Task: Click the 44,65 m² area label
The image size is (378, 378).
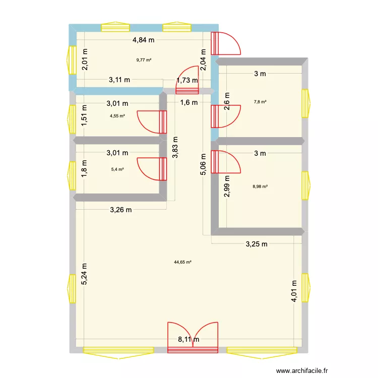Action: click(x=182, y=262)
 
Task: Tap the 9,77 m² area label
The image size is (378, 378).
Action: click(x=144, y=60)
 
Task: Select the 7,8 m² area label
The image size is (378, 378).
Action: click(x=260, y=102)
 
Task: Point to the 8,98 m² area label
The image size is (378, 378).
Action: click(x=260, y=186)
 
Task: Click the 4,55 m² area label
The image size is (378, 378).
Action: click(x=117, y=116)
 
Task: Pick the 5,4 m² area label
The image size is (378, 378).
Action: click(x=117, y=169)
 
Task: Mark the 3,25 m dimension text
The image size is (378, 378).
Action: click(x=256, y=244)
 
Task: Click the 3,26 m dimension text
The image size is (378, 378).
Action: click(x=121, y=210)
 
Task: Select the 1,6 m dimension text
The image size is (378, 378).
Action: click(x=190, y=102)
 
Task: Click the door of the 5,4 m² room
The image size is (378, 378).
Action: click(x=152, y=169)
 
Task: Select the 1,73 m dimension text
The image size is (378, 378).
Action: click(x=187, y=80)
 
